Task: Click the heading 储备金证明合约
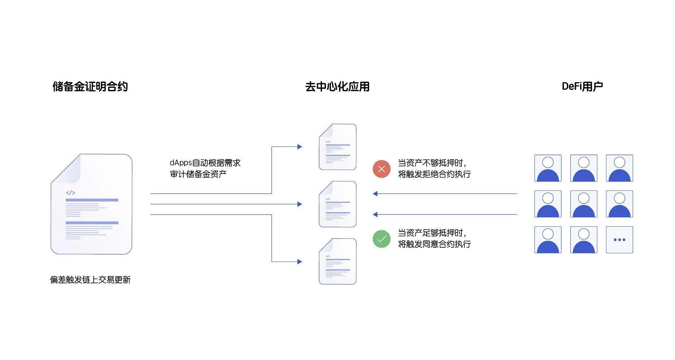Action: coord(90,87)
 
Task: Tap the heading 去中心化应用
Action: coord(337,87)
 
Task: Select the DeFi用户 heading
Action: coord(582,86)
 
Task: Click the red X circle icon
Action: coord(381,169)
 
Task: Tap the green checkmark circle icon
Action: coord(381,239)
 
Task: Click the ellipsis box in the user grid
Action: coord(619,240)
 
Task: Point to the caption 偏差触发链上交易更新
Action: coord(90,280)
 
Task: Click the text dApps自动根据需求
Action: coord(205,163)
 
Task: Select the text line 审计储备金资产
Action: coord(198,174)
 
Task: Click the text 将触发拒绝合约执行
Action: coord(434,174)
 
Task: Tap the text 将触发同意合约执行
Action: coord(434,244)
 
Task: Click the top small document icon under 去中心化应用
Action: coord(337,147)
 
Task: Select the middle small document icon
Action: coord(337,204)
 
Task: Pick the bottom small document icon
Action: coord(337,262)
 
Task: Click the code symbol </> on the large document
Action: coord(70,193)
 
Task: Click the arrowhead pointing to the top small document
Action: coord(299,147)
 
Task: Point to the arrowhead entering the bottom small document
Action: coord(299,262)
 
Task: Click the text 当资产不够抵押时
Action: coord(431,163)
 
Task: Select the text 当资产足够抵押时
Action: coord(431,233)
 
